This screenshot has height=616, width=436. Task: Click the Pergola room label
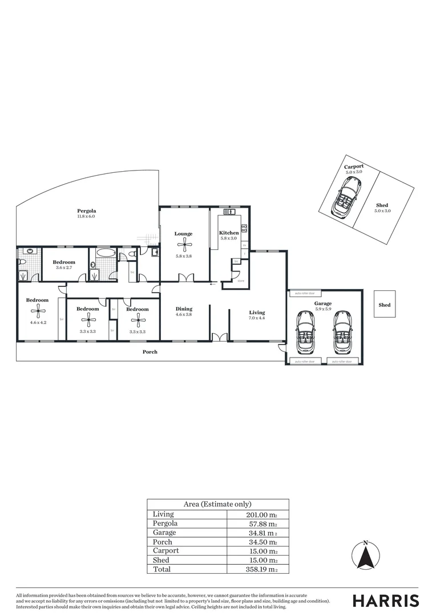[86, 211]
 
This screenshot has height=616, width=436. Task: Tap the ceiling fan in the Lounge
[183, 246]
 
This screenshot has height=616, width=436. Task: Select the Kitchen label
[229, 233]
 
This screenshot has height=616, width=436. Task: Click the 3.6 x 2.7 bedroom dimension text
[64, 267]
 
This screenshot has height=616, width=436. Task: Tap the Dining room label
[183, 309]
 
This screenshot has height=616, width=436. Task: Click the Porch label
[150, 352]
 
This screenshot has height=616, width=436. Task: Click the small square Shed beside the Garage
[384, 305]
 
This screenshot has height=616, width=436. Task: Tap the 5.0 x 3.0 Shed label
[382, 208]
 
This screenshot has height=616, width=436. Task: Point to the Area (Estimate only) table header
[217, 504]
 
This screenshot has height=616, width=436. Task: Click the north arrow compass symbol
[366, 555]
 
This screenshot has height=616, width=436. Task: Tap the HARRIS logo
[385, 601]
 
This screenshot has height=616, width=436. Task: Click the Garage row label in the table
[164, 533]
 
